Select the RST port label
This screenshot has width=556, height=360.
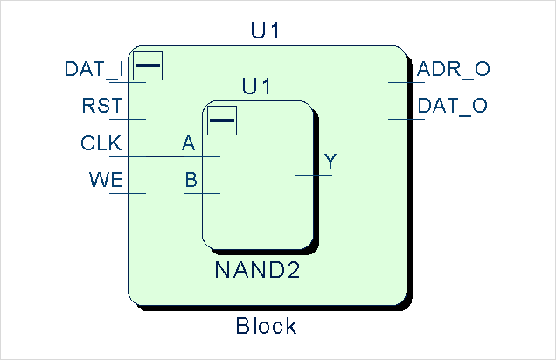coord(101,107)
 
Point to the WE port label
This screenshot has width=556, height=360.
coord(105,181)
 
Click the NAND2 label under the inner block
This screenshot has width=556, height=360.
coord(257,270)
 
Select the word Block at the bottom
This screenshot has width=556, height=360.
coord(267,327)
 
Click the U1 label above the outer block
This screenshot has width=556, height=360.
coord(265,32)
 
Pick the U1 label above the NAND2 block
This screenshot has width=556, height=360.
coord(256,87)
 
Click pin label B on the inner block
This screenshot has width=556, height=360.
coord(191,181)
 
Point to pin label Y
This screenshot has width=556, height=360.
coord(330,162)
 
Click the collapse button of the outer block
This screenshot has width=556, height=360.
coord(148,65)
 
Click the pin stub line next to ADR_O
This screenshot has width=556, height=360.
coord(407,82)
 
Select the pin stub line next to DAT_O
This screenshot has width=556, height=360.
coord(407,119)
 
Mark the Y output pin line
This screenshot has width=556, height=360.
coord(313,175)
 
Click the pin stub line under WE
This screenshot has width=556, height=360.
coord(128,193)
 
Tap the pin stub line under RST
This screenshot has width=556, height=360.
coord(128,119)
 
